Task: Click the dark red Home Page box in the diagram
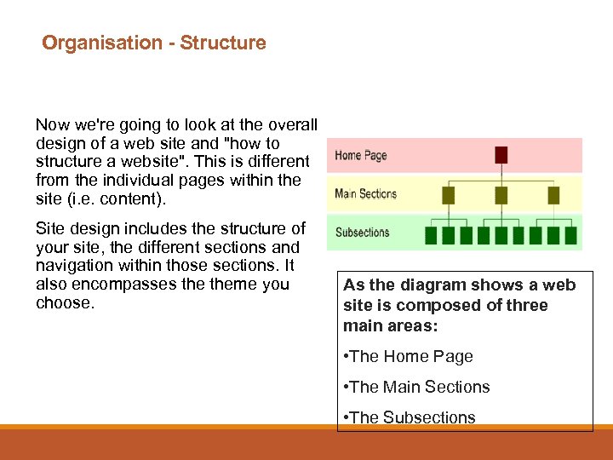point(501,155)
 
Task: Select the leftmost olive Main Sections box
point(449,195)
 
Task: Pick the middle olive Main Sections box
point(501,195)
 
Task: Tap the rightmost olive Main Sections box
point(553,195)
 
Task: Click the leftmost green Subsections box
point(432,234)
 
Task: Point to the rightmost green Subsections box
point(572,234)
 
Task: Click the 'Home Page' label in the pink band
point(361,155)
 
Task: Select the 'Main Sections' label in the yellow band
point(366,193)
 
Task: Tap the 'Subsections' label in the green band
point(362,232)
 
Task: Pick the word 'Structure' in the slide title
point(222,43)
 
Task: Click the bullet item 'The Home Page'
point(410,357)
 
